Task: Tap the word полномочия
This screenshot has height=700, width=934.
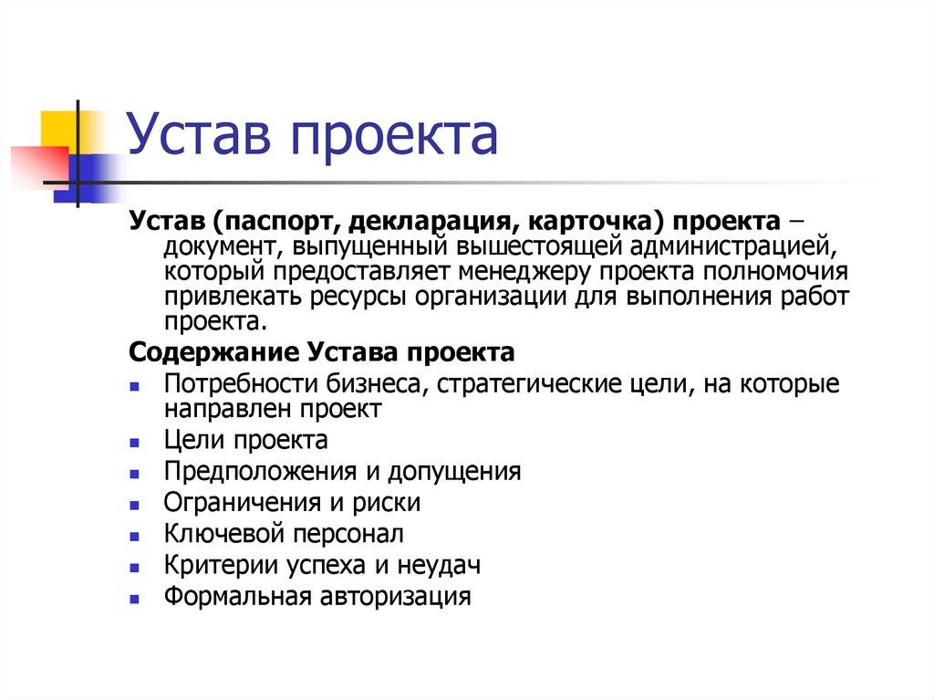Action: tap(791, 272)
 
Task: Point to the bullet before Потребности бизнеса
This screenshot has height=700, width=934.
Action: tap(134, 387)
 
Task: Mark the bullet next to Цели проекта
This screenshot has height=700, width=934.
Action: tap(134, 444)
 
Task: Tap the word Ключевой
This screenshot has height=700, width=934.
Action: tap(214, 534)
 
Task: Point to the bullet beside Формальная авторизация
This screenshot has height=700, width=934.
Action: tap(134, 600)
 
